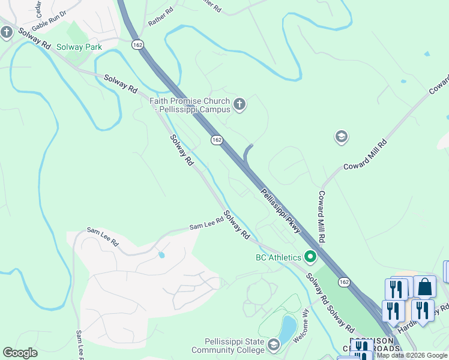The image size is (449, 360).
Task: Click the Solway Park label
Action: pos(79,47)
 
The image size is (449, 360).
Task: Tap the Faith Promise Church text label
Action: pos(190,105)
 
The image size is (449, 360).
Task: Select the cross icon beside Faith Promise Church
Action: pos(239,105)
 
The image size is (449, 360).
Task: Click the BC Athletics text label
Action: pos(278,257)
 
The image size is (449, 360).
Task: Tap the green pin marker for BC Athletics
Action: pos(310,257)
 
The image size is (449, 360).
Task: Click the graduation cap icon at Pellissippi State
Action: pos(274,345)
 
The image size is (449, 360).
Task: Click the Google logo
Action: pos(20,353)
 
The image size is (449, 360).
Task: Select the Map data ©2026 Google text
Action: pos(412,355)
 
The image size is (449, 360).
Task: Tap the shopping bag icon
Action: pos(425,287)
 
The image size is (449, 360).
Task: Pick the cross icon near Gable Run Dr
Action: pos(7,32)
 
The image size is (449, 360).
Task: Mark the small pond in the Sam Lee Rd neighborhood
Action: pos(161,255)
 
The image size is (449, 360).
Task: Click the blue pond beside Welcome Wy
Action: pos(287,328)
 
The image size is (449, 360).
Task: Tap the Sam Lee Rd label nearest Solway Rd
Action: pos(206,223)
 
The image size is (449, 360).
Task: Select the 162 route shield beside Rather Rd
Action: pos(138,44)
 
